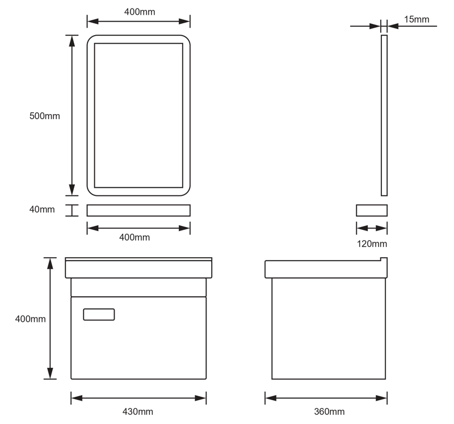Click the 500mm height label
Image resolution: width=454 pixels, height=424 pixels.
45,116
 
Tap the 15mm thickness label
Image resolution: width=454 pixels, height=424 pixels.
417,19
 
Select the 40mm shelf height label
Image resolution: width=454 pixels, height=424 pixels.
42,209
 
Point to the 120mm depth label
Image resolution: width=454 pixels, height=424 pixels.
372,244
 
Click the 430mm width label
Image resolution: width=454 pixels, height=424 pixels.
138,412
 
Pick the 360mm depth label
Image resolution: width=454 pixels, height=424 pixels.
329,412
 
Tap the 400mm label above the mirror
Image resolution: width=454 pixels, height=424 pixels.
140,12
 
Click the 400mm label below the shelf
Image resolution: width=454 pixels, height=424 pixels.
134,237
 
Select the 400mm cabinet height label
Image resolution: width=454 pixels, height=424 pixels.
31,319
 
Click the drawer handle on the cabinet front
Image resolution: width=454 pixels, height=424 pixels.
99,314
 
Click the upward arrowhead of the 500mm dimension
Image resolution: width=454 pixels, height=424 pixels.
72,41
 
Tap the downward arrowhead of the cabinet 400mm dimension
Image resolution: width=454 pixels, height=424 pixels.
50,373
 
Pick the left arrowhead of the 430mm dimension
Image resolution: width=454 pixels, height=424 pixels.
77,398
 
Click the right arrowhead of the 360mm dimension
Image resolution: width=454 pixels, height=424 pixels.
381,398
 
